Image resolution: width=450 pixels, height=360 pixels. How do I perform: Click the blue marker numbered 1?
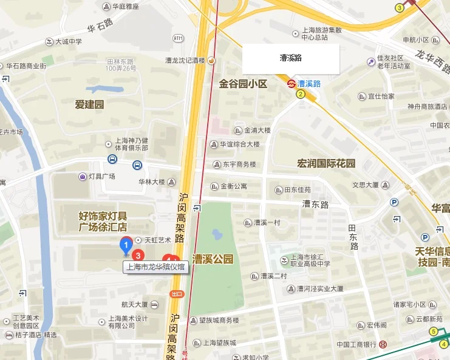(126, 246)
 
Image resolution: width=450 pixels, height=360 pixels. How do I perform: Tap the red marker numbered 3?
(138, 255)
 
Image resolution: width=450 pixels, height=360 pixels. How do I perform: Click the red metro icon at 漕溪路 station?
(291, 84)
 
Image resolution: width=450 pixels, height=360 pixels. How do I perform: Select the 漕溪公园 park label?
(213, 259)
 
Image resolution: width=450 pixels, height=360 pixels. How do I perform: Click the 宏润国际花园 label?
(326, 163)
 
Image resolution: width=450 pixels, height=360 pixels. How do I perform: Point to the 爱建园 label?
(89, 104)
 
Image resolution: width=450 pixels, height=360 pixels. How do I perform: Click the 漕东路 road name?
(315, 205)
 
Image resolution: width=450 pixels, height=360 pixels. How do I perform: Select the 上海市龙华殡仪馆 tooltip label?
(156, 267)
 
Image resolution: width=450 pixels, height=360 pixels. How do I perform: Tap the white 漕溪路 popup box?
(291, 59)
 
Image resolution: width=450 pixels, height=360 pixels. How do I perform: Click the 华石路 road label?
(100, 27)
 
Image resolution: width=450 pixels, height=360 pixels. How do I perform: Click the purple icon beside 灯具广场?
(82, 177)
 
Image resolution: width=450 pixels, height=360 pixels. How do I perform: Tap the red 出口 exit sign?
(177, 294)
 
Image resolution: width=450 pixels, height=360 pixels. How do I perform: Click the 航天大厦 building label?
(134, 304)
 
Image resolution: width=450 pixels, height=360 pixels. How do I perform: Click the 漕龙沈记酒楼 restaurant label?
(186, 60)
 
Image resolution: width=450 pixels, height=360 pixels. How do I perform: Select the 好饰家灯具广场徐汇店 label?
(103, 221)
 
